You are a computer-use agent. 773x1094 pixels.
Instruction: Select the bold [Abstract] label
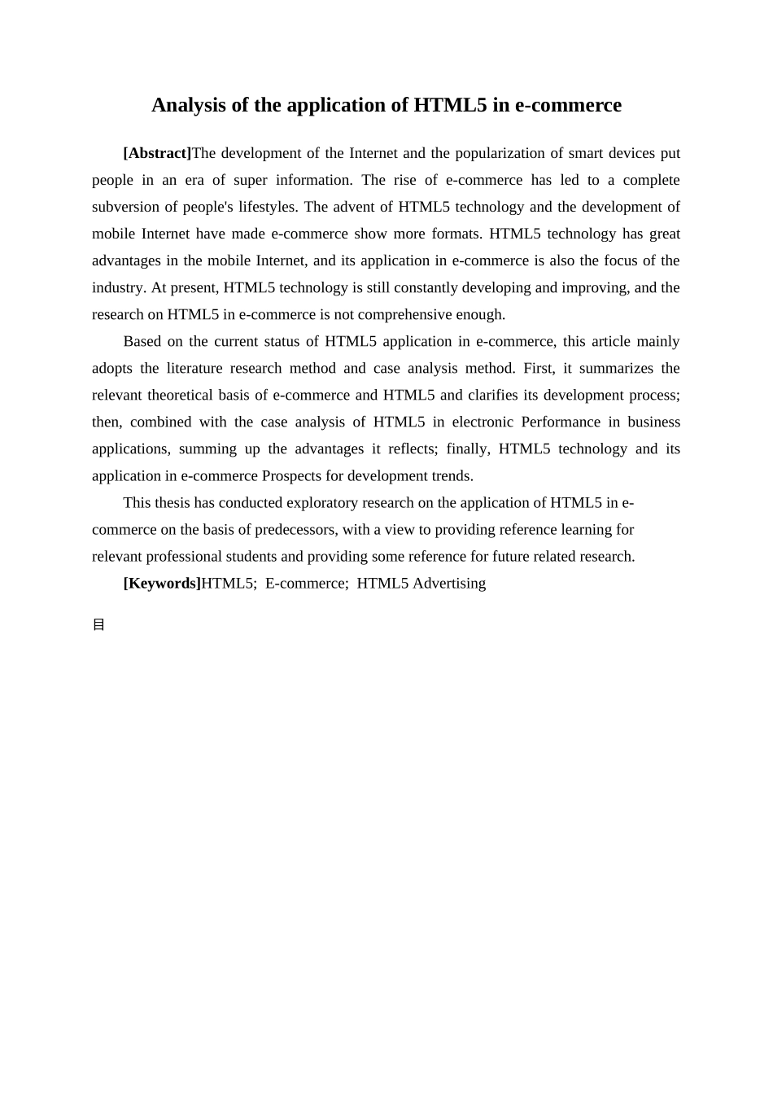click(157, 153)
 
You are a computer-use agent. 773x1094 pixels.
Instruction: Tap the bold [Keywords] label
click(162, 583)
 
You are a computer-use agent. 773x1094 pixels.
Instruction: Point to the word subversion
click(126, 207)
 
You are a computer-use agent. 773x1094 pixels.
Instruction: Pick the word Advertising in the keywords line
click(449, 583)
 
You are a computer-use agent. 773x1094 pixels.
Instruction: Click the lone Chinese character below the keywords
click(98, 625)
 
